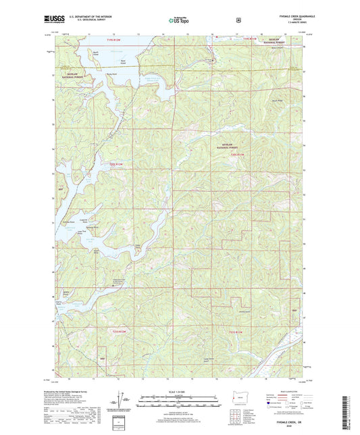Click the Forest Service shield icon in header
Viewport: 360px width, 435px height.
238,20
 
